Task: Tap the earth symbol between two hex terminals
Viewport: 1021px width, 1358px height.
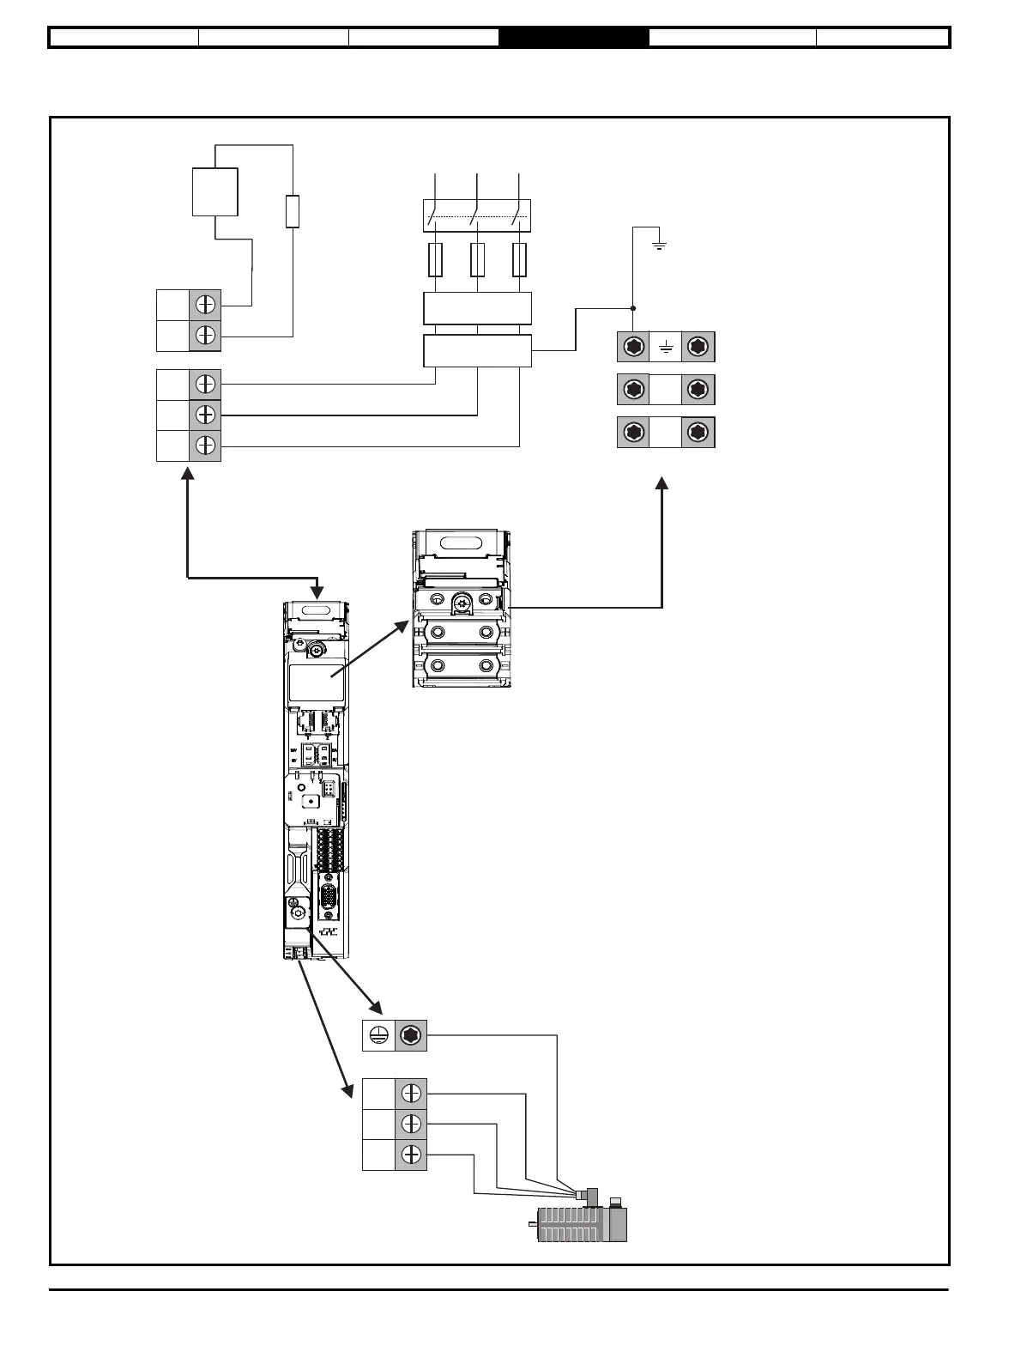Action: [666, 348]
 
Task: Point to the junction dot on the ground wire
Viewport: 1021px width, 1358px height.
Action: [633, 308]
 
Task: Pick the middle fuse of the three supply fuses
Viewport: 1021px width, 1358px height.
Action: [477, 260]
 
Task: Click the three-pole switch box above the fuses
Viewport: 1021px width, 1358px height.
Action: [478, 215]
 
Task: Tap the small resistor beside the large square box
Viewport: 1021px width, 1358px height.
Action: [293, 211]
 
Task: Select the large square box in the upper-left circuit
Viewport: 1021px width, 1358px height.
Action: [214, 192]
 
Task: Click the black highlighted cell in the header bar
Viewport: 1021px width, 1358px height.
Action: [573, 38]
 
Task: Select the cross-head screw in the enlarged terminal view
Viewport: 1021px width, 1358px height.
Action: [464, 603]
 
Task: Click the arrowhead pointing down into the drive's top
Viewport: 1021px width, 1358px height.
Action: [317, 592]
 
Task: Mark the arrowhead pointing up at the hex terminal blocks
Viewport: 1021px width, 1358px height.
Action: [662, 483]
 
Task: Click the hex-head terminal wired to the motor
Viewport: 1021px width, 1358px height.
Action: [411, 1036]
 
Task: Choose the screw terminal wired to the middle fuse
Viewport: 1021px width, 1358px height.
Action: [205, 415]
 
